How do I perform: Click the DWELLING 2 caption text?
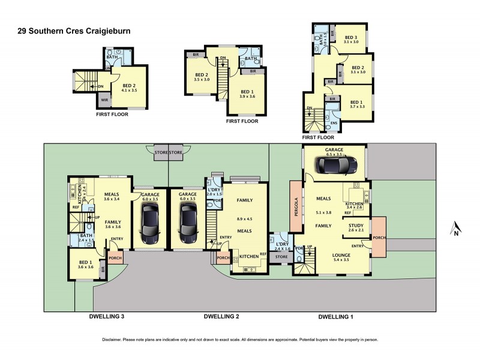coord(221,316)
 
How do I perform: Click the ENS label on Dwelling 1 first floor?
coord(333,124)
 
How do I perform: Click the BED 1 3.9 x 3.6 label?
coord(247,93)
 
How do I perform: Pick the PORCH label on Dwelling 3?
coord(115,259)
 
